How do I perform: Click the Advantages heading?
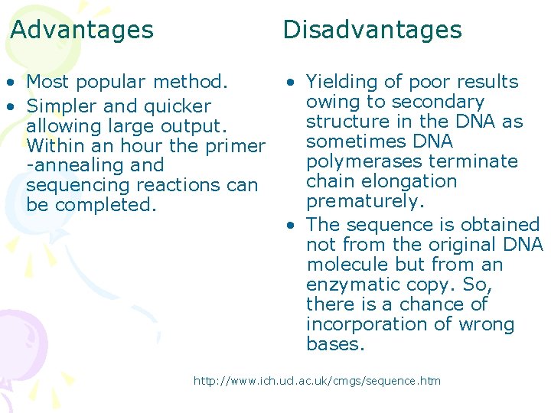(82, 30)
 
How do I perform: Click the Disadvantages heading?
(372, 30)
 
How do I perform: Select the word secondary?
(438, 101)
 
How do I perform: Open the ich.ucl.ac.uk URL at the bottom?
(317, 381)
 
